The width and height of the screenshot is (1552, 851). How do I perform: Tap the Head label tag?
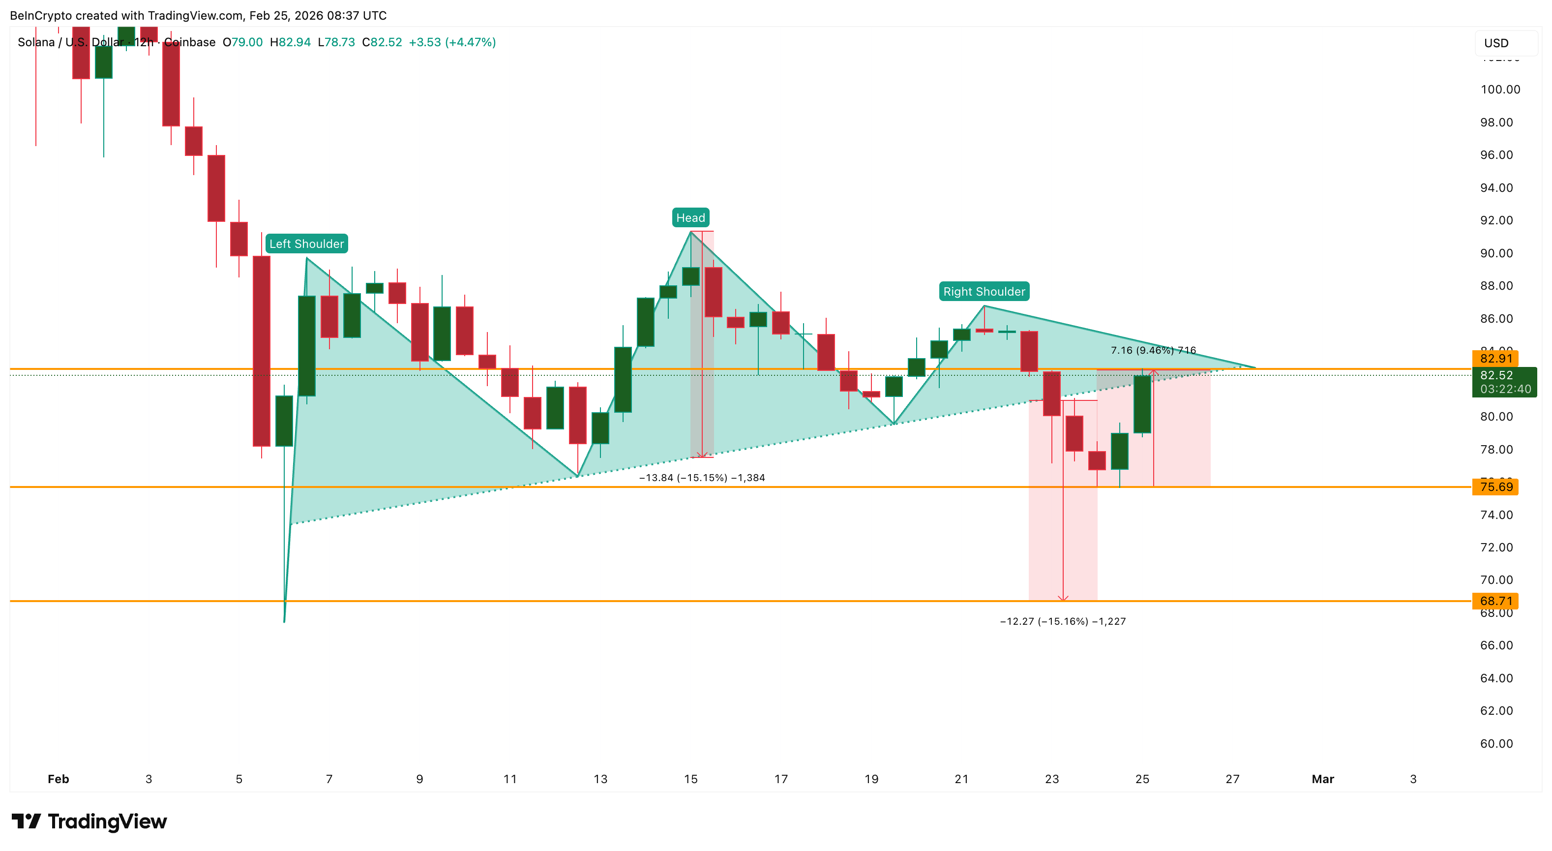pyautogui.click(x=690, y=217)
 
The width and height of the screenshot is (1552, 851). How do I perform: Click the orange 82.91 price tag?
pyautogui.click(x=1495, y=359)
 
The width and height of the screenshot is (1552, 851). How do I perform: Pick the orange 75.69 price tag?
pyautogui.click(x=1495, y=487)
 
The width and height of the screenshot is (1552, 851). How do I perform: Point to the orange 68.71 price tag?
pyautogui.click(x=1495, y=601)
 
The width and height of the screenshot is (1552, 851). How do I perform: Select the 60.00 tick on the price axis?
pyautogui.click(x=1496, y=744)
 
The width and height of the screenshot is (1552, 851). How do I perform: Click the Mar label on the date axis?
pyautogui.click(x=1322, y=779)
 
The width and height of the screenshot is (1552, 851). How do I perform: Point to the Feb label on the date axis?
pyautogui.click(x=59, y=779)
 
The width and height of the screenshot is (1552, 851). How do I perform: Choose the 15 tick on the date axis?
pyautogui.click(x=690, y=779)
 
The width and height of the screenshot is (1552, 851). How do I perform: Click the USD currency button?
pyautogui.click(x=1496, y=43)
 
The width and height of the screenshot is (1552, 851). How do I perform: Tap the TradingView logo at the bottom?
pyautogui.click(x=89, y=821)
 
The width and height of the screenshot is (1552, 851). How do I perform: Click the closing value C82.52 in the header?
pyautogui.click(x=382, y=42)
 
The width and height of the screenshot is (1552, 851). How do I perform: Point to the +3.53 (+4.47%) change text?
pyautogui.click(x=452, y=42)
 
